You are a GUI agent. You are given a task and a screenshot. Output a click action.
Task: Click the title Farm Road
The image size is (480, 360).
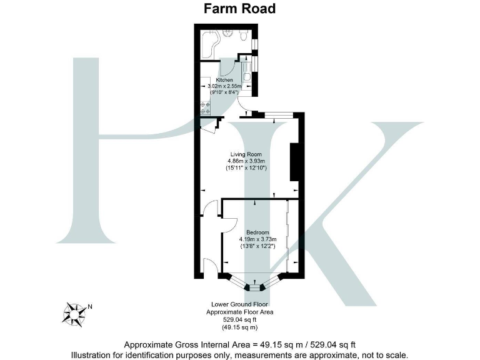239,9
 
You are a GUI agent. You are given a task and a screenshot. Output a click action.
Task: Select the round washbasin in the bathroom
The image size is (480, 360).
232,36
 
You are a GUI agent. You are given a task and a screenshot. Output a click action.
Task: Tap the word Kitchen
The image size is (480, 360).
225,81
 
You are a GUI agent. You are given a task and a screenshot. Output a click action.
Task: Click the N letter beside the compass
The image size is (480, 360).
90,306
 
